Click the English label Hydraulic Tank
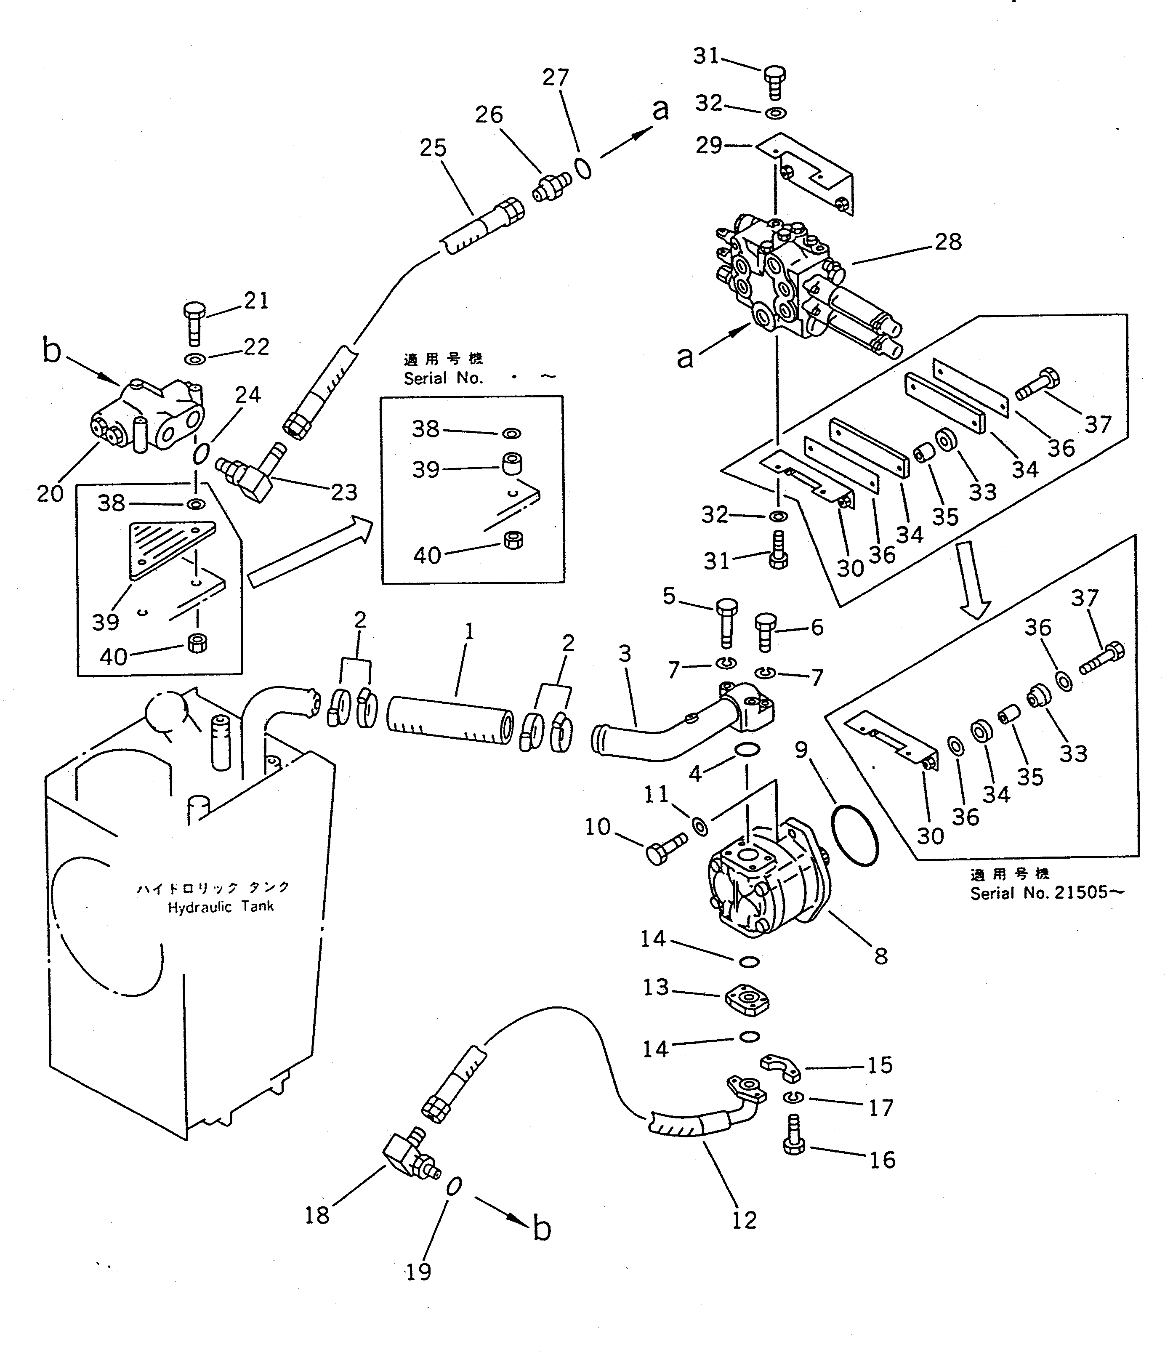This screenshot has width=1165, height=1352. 221,907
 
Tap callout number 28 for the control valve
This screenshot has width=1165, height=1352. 948,242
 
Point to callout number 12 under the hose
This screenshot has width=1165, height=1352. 744,1220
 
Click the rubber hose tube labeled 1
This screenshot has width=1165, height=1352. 450,720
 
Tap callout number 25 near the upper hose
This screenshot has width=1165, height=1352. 433,148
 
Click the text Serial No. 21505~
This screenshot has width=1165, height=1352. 1046,893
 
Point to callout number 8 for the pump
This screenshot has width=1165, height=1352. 880,957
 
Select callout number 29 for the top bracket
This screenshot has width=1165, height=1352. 708,145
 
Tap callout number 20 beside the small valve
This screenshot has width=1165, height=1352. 50,493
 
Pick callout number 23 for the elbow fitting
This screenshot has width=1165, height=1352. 344,492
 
